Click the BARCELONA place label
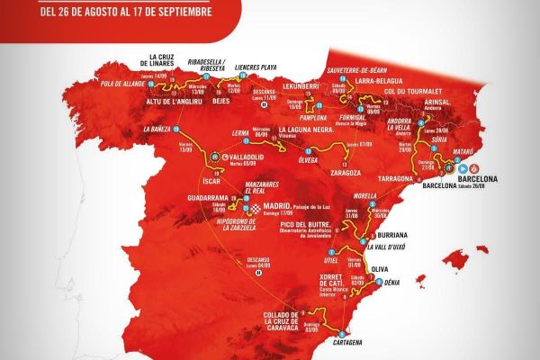coord(481,189)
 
